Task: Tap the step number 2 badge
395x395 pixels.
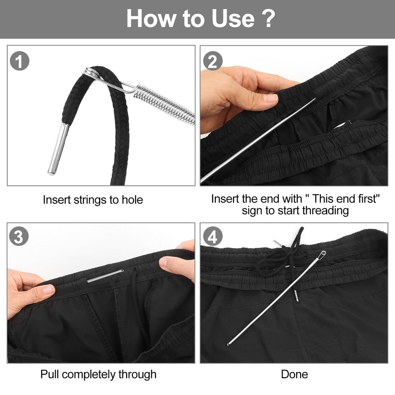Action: (213, 62)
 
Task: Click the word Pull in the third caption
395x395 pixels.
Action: (50, 374)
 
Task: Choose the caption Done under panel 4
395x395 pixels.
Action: (294, 374)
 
